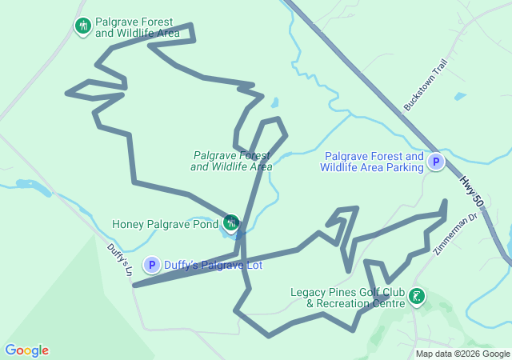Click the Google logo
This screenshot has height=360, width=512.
[x=26, y=350]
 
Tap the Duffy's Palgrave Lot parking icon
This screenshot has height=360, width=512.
[x=152, y=265]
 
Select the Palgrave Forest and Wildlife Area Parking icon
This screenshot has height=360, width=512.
[x=436, y=162]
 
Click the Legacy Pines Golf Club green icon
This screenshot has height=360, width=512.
[x=416, y=297]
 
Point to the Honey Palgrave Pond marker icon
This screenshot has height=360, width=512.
[x=231, y=222]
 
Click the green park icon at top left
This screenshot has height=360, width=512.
[x=82, y=26]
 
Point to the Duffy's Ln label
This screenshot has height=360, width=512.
[x=118, y=260]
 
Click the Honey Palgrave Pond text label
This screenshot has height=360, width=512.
[x=165, y=225]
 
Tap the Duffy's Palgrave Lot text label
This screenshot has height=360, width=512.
[x=208, y=265]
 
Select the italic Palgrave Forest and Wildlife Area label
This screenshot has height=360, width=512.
[x=232, y=161]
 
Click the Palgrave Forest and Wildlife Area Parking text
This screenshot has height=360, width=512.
[x=372, y=162]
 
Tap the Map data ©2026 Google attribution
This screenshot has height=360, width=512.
[x=462, y=354]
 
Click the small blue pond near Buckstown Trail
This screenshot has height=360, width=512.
[x=460, y=97]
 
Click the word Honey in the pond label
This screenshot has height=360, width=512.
[x=128, y=225]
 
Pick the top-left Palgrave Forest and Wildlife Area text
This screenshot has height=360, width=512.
[x=137, y=27]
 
